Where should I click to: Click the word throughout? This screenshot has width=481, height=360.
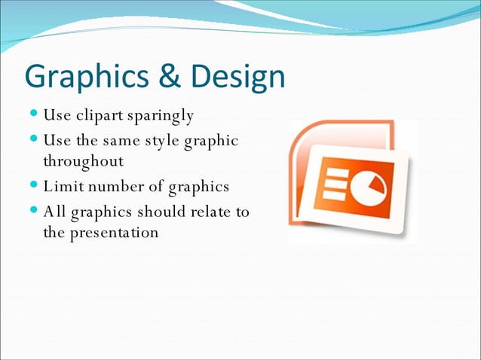[83, 162]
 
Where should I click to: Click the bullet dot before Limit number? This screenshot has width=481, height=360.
[35, 186]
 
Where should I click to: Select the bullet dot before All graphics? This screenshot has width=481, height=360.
[35, 212]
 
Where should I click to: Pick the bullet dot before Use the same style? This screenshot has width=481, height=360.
[35, 141]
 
